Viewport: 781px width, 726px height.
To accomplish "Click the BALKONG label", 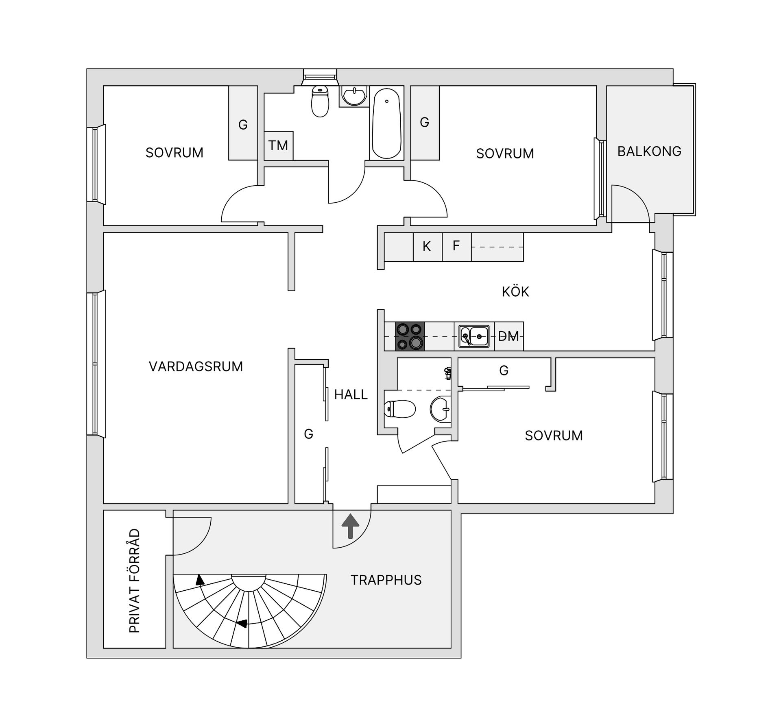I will (649, 151).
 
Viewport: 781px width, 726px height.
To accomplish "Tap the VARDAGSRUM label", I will (196, 366).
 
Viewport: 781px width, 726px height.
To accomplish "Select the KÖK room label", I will (515, 292).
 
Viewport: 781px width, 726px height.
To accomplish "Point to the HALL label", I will (351, 394).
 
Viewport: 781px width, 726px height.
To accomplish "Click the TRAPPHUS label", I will (386, 580).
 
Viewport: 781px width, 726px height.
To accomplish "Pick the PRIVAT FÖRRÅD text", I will (135, 581).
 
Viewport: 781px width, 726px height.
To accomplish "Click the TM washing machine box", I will (278, 145).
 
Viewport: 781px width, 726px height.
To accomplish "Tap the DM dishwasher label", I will (508, 336).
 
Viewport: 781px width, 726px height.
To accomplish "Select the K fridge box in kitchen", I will (427, 246).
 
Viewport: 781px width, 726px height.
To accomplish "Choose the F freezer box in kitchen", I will (456, 246).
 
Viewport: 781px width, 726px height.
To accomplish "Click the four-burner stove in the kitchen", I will (410, 336).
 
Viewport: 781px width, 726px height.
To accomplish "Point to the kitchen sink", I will (474, 336).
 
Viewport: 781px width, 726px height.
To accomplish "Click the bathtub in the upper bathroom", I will (386, 123).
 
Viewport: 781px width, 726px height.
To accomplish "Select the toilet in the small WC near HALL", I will (400, 409).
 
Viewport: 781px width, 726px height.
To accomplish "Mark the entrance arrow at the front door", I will (350, 526).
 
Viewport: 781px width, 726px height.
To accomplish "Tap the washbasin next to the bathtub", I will (354, 96).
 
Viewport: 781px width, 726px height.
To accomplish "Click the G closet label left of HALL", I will (309, 434).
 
